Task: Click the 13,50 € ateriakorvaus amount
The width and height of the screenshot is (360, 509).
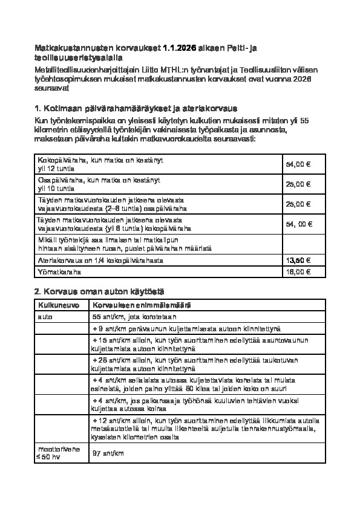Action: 298,260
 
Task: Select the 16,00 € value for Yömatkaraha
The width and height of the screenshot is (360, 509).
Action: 298,271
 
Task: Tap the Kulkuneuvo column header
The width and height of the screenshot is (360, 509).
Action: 54,305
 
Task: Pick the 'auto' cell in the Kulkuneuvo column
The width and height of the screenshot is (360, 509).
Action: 45,316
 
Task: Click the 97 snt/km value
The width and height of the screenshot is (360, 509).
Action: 108,453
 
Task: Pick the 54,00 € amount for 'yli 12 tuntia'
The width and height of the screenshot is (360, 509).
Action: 298,164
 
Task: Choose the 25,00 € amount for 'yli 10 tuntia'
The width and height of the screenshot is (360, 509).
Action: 298,184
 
